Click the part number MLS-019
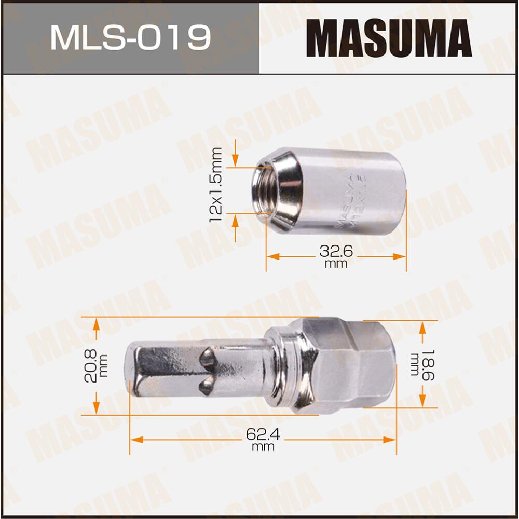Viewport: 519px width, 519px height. tap(130, 37)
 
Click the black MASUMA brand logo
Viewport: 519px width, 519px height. tap(389, 37)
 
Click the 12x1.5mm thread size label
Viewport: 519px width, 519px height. tap(216, 184)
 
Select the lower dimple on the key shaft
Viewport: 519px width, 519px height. tap(207, 384)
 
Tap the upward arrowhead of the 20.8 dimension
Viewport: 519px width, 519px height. tap(96, 324)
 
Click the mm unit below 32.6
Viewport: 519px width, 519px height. tap(336, 264)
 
